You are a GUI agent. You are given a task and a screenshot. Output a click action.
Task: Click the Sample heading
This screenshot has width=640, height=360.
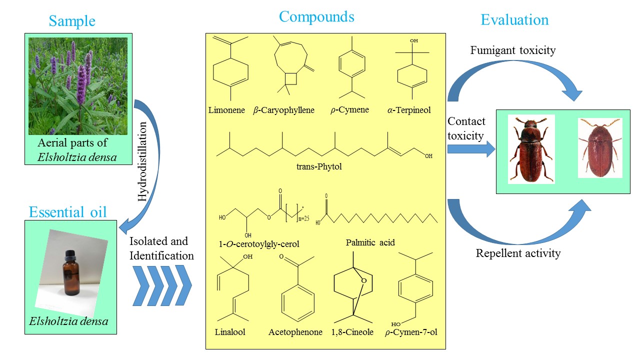[x=72, y=21]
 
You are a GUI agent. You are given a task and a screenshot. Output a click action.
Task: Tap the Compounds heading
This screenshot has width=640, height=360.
[x=316, y=16]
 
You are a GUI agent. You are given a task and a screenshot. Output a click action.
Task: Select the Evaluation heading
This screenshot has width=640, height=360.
[x=514, y=19]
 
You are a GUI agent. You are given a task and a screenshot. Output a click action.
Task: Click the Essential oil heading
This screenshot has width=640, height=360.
[x=68, y=212]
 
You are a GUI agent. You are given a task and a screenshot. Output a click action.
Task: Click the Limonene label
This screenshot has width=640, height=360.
[x=226, y=110]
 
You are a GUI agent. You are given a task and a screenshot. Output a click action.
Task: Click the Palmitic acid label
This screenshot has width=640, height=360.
[x=370, y=242]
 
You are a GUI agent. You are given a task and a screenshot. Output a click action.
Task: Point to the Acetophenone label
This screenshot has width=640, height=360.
[x=295, y=332]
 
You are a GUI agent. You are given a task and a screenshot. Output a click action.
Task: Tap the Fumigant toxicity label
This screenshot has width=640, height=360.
[x=513, y=50]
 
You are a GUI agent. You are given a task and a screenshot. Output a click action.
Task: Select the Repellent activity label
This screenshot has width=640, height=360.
[x=518, y=253]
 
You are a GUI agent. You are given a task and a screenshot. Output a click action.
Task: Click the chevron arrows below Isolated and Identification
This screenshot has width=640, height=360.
[x=162, y=285]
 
